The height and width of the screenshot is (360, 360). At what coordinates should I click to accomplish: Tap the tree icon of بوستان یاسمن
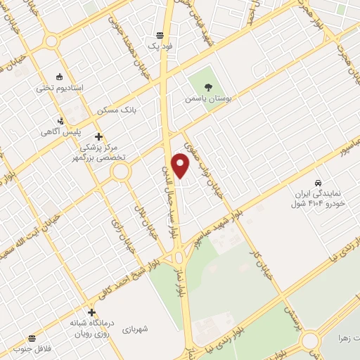207,87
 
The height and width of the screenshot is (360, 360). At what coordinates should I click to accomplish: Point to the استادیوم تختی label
60,88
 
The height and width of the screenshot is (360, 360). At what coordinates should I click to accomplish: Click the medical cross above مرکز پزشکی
98,136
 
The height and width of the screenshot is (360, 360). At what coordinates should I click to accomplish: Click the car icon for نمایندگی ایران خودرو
319,181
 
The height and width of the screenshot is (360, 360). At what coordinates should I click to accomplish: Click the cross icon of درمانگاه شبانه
91,312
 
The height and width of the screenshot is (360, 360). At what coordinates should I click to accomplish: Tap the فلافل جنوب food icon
31,337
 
